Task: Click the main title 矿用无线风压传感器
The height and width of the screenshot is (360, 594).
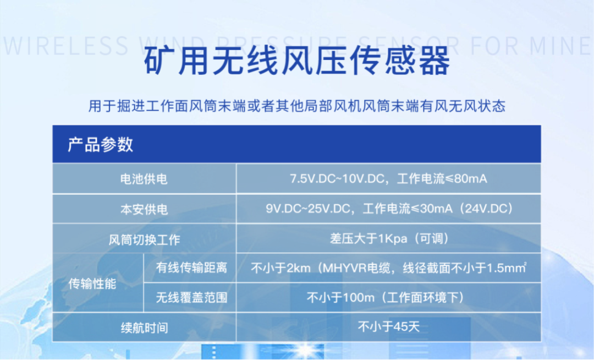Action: tap(297, 61)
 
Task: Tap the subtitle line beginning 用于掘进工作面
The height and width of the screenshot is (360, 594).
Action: tap(297, 106)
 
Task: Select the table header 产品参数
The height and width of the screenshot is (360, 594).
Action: tap(101, 144)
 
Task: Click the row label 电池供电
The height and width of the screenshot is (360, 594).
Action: tap(144, 179)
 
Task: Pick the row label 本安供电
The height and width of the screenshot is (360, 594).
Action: tap(144, 209)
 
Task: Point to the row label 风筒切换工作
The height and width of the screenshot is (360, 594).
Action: tap(144, 239)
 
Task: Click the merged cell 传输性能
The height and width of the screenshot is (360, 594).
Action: tap(92, 283)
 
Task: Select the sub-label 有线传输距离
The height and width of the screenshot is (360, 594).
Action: tap(192, 268)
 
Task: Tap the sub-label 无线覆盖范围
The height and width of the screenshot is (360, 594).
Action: tap(192, 297)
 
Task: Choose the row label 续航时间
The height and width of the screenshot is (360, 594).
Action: tap(144, 328)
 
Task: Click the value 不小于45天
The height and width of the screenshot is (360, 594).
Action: tap(389, 326)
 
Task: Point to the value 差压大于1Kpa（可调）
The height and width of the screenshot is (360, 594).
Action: tap(389, 238)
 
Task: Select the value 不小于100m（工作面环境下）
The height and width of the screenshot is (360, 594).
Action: tap(385, 297)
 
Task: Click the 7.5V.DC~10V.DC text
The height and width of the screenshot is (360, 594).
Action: tap(337, 178)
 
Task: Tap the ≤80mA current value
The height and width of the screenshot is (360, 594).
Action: tap(466, 178)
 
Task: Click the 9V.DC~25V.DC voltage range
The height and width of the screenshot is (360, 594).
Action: tap(307, 209)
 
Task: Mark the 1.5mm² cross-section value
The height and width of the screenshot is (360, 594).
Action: tap(507, 268)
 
